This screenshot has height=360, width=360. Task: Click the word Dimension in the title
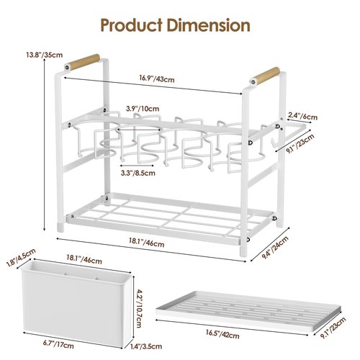point(209,25)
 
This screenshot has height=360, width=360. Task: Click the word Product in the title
point(132,25)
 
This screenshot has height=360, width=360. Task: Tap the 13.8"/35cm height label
point(45,55)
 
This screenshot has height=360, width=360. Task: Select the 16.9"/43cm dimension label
point(157,78)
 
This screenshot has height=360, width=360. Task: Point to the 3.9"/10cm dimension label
point(143,109)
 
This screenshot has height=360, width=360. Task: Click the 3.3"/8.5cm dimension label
point(138,173)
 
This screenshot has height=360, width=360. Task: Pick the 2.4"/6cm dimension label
point(302,116)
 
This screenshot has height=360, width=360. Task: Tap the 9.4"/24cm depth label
point(275,247)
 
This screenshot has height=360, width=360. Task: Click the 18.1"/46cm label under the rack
point(147,243)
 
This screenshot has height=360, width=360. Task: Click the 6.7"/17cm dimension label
point(58,344)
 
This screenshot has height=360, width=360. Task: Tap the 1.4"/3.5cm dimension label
point(146,346)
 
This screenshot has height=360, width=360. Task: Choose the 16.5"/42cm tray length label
point(222,333)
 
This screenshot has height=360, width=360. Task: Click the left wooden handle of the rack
point(84,62)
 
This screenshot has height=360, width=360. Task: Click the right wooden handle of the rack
point(265,76)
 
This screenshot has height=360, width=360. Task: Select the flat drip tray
point(248,311)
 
